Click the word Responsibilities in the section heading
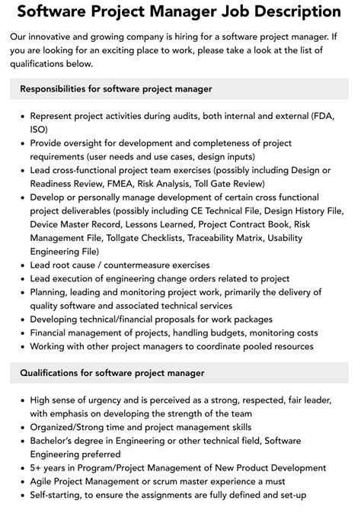click(x=60, y=89)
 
